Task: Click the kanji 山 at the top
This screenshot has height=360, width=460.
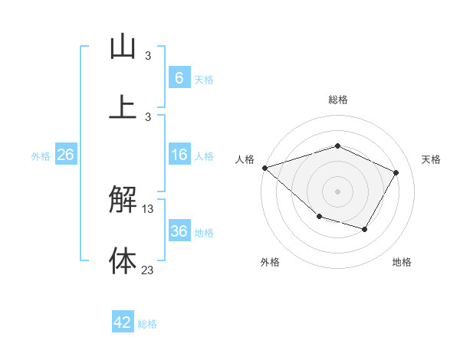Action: [x=123, y=47]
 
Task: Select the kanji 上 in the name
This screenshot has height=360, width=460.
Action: [x=123, y=106]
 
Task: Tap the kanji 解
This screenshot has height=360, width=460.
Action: [x=123, y=201]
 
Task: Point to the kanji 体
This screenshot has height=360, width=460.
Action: [x=123, y=260]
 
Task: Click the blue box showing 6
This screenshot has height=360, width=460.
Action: [x=179, y=78]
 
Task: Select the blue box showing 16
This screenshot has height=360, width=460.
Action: [x=179, y=155]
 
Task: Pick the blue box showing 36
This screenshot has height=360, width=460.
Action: [x=179, y=232]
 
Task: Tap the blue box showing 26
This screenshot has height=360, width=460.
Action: [x=65, y=155]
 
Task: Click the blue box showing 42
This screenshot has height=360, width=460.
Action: [x=123, y=323]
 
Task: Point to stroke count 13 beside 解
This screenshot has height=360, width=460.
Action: [x=148, y=209]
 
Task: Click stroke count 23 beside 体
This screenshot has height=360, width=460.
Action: [x=148, y=270]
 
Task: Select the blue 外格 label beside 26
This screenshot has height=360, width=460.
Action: [x=41, y=156]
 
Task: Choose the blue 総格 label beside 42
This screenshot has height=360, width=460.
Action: [x=147, y=324]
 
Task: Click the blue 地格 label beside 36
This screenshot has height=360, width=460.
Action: [x=204, y=233]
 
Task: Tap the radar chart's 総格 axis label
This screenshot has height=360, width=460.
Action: [x=337, y=100]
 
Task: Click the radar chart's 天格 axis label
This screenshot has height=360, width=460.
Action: [x=431, y=159]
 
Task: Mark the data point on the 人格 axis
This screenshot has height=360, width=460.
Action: [x=264, y=168]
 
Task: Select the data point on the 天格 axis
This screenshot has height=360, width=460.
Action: [x=396, y=172]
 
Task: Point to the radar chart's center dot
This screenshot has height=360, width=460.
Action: [x=337, y=191]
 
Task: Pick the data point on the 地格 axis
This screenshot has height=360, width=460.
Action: [x=365, y=229]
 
